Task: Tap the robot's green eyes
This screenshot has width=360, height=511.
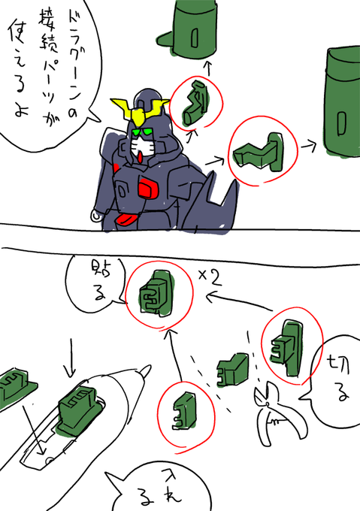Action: click(x=143, y=132)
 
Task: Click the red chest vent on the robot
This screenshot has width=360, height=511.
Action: click(x=148, y=188)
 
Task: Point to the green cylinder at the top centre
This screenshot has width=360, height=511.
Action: click(x=188, y=29)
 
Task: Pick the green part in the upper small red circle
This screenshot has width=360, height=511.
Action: click(x=195, y=103)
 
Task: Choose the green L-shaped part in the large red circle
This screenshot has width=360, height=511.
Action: click(x=259, y=153)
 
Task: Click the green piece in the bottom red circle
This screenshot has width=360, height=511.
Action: click(x=185, y=411)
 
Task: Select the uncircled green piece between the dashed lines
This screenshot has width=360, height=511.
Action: click(x=232, y=370)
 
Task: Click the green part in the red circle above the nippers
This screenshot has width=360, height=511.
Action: click(x=287, y=348)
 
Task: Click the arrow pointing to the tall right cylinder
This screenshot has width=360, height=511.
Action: click(x=309, y=147)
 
